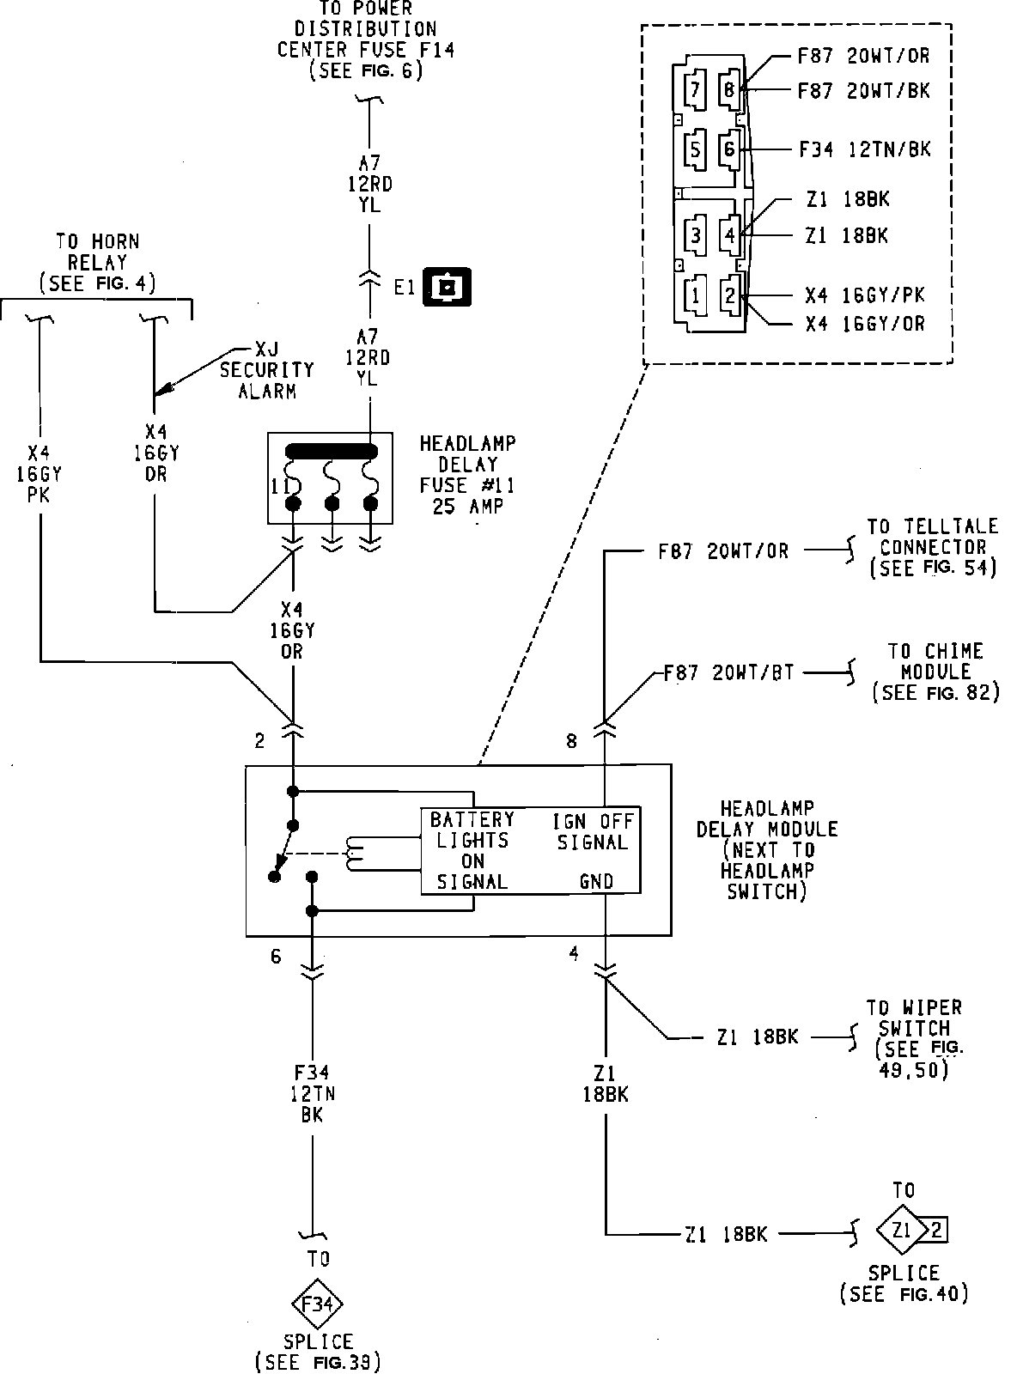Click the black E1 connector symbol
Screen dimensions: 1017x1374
pos(447,287)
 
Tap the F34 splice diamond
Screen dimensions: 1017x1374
pos(317,1304)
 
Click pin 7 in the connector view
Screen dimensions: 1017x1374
pos(695,90)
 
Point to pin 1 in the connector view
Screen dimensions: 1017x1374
pos(695,295)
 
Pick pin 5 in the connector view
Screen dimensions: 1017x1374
pos(695,149)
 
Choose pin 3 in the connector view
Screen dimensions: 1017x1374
pos(695,235)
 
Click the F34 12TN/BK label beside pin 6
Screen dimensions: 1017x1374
pos(865,149)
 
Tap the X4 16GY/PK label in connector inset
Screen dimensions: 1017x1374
pos(865,295)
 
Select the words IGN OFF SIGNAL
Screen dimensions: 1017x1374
pos(593,831)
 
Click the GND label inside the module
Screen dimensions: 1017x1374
pos(596,881)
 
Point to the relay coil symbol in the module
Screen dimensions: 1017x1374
pos(355,854)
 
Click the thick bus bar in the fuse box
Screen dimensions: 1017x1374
pos(331,452)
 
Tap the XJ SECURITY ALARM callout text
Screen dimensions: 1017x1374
pos(267,370)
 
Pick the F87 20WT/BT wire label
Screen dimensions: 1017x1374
pos(728,672)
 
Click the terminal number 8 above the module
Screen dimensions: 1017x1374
pos(571,741)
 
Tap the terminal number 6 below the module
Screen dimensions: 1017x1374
pos(276,957)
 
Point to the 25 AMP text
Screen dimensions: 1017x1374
pos(468,507)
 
